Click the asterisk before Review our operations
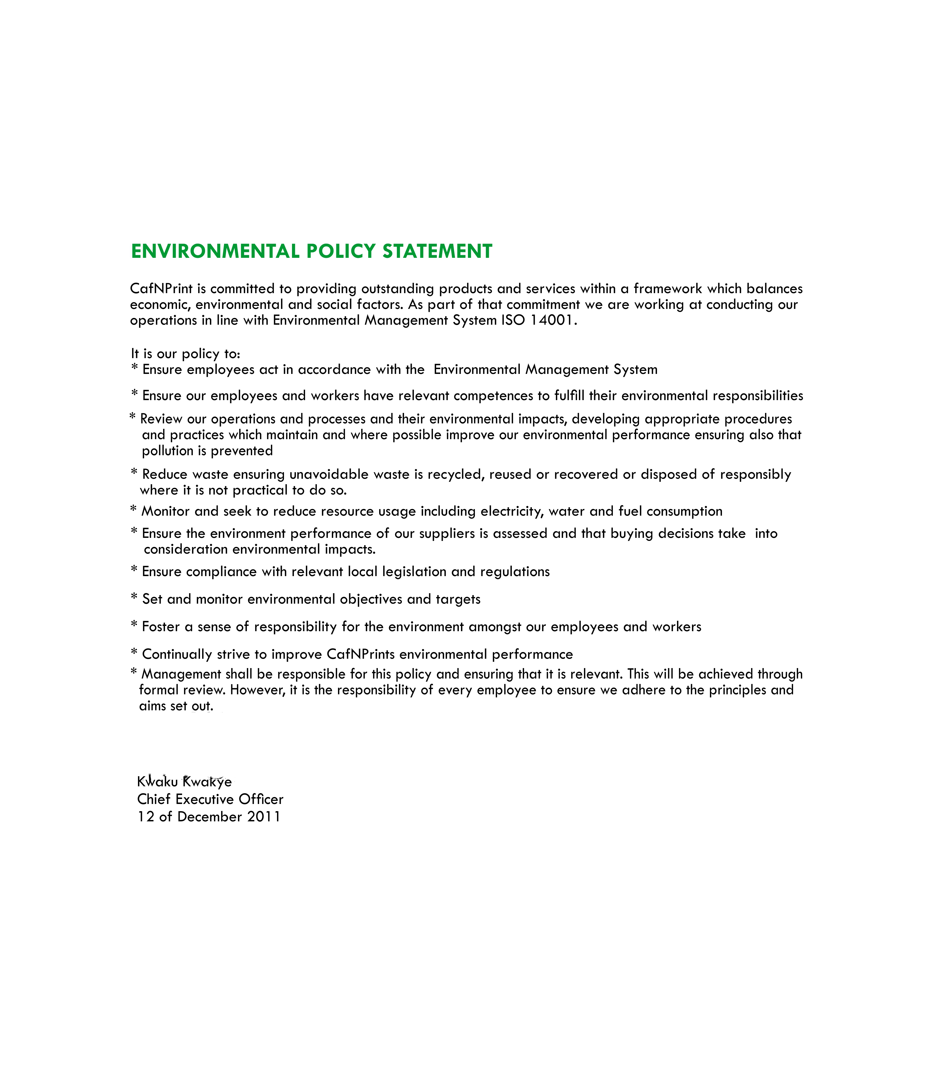coord(133,417)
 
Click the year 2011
coord(264,817)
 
